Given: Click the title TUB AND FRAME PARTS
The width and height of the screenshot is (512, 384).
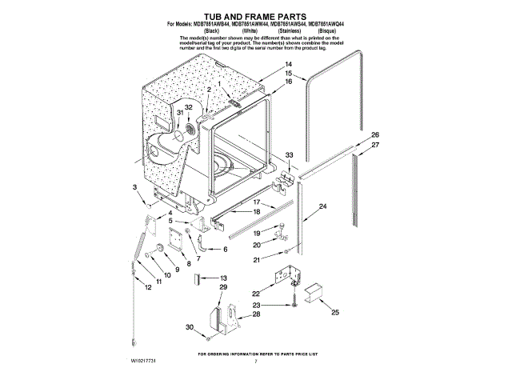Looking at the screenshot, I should (x=255, y=16).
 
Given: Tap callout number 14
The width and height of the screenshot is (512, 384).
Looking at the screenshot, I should (x=288, y=64).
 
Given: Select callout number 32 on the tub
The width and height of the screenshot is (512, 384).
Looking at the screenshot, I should (x=189, y=107).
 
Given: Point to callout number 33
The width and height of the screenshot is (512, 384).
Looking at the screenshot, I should (x=290, y=154).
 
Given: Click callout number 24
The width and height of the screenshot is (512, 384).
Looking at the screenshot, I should (x=323, y=206).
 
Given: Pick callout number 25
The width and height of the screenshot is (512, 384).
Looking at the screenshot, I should (x=335, y=313).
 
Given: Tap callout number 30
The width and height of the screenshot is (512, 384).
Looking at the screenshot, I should (x=190, y=327).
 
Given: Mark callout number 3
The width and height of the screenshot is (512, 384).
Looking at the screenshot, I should (x=135, y=186).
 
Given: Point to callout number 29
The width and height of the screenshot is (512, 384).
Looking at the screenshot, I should (x=223, y=286).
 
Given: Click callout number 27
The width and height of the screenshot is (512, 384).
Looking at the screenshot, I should (x=375, y=145).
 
